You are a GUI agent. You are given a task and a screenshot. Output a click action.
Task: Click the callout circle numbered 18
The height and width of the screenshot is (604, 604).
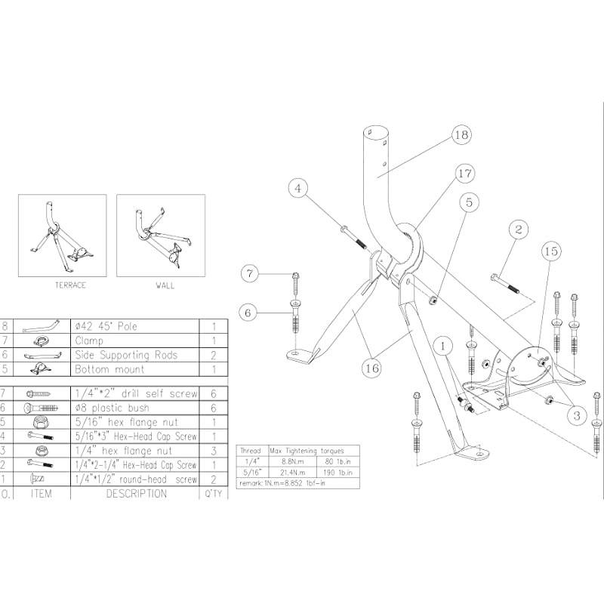click(462, 135)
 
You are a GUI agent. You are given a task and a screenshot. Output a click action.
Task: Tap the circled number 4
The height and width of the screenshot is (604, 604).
click(300, 187)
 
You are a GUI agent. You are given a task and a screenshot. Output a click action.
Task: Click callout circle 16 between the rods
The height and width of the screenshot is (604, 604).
click(371, 368)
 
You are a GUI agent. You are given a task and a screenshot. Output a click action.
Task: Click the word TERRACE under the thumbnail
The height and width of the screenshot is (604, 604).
click(70, 285)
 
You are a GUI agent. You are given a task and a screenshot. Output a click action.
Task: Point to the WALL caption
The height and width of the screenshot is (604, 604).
click(165, 285)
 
